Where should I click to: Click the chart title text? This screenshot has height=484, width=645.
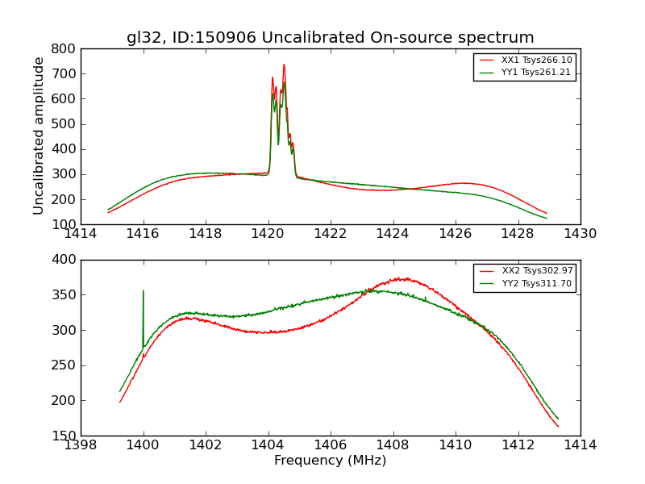click(330, 38)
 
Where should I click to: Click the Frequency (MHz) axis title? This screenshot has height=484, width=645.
click(330, 461)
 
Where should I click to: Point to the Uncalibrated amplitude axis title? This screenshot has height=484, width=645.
click(39, 136)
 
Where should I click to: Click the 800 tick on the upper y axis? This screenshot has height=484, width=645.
click(64, 48)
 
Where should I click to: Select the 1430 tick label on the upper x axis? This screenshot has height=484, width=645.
click(580, 234)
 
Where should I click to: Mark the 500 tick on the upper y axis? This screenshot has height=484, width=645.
click(64, 124)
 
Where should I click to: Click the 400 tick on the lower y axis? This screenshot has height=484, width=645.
click(64, 260)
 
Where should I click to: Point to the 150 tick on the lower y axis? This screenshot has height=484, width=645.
click(64, 436)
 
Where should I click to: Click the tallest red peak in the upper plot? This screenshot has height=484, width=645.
click(284, 65)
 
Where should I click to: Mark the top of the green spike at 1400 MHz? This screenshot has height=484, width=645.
click(144, 291)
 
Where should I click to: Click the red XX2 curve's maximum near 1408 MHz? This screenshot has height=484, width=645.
click(402, 278)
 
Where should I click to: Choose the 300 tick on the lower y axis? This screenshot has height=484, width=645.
click(64, 330)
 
